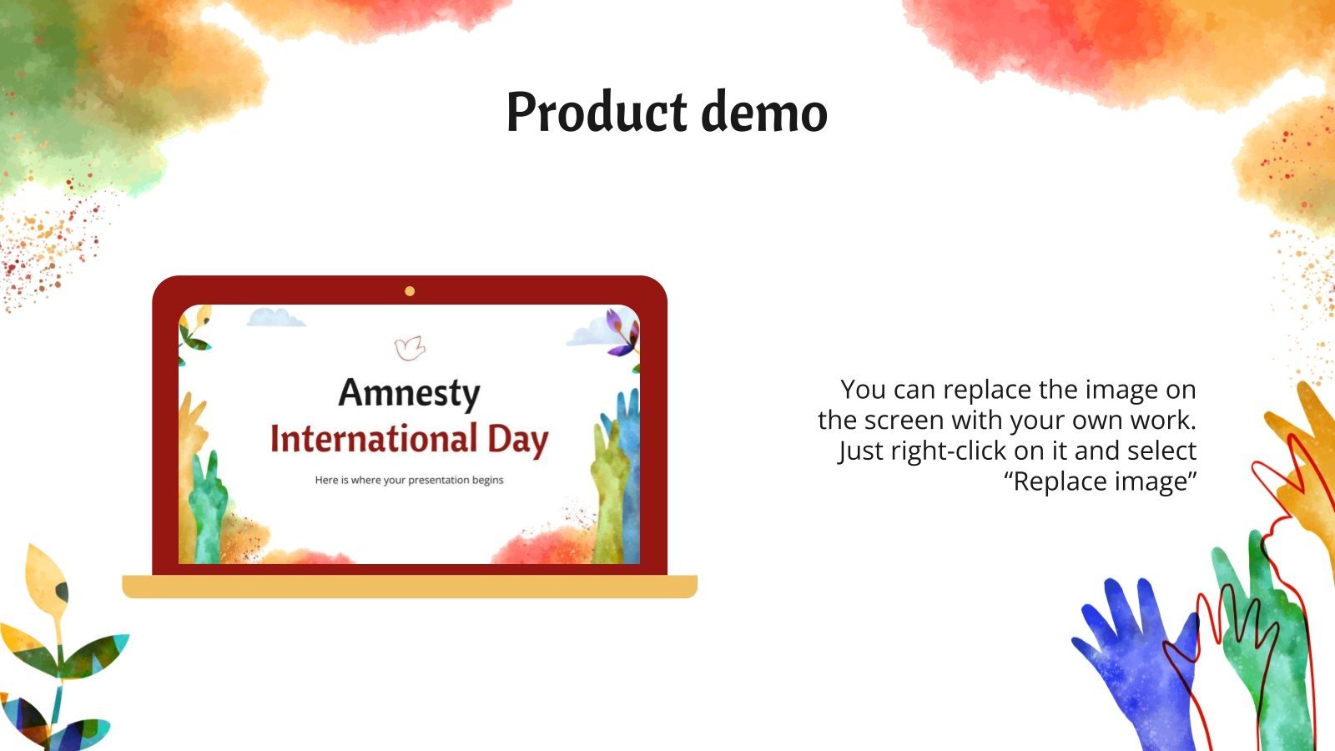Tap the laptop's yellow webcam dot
(x=410, y=291)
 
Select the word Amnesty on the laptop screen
(x=409, y=393)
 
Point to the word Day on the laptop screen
(x=518, y=440)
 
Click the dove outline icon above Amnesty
(x=410, y=348)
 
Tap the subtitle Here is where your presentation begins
(x=409, y=480)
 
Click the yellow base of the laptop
(x=409, y=587)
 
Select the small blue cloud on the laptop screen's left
(x=276, y=318)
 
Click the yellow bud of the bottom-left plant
(x=43, y=576)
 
